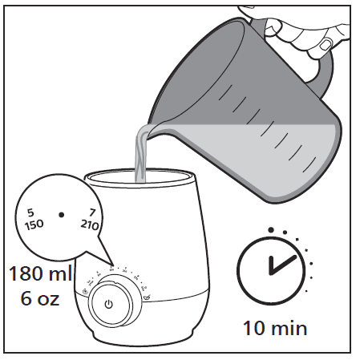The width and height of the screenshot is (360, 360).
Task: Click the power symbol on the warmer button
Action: (109, 304)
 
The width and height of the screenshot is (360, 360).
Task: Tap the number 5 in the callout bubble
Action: (30, 212)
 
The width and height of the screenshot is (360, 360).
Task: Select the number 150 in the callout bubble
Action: (34, 224)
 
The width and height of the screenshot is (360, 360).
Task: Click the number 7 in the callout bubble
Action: (92, 212)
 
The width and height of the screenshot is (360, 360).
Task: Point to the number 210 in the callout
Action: (90, 225)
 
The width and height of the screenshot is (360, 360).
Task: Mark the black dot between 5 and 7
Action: (62, 215)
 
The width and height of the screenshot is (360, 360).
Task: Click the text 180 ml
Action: (41, 273)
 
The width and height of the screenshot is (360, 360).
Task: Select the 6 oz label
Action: (40, 298)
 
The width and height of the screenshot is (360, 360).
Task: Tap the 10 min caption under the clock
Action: (275, 328)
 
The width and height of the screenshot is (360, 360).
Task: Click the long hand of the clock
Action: (284, 265)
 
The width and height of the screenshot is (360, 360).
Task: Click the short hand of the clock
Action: (272, 265)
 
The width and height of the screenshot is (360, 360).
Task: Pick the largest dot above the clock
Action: (271, 230)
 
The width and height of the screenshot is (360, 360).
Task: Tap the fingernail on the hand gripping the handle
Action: (325, 45)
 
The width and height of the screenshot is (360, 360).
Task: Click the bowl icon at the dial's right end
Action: (147, 297)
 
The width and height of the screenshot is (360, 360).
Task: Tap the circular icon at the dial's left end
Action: (85, 292)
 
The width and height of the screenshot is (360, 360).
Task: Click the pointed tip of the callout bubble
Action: (112, 265)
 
